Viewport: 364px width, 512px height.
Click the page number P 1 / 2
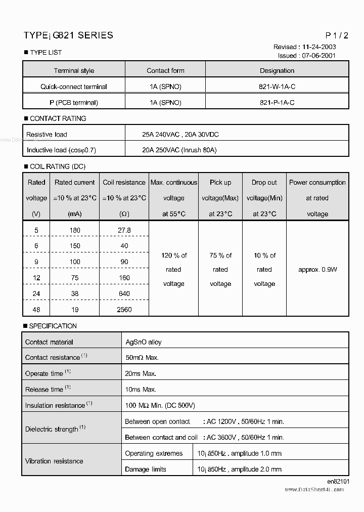tap(337, 35)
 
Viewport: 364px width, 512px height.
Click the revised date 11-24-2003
tap(317, 47)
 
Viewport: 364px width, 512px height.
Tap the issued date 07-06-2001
tap(318, 56)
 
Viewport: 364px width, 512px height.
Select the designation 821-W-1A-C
tap(277, 87)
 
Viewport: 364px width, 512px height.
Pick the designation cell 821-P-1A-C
tap(277, 102)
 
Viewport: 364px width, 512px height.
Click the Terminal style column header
tap(74, 71)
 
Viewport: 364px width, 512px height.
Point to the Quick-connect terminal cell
tap(74, 87)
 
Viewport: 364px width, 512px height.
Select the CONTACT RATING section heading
tap(58, 118)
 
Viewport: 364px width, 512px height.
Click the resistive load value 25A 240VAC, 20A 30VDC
tap(180, 135)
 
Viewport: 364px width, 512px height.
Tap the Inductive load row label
tap(61, 150)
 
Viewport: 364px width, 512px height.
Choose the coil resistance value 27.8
tap(124, 230)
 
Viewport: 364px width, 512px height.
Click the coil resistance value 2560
tap(124, 310)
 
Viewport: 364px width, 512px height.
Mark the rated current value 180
tap(75, 230)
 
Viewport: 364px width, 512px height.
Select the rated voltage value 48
tap(36, 310)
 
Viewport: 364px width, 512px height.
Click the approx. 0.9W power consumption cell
tap(317, 270)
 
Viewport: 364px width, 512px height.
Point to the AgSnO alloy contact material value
tap(144, 342)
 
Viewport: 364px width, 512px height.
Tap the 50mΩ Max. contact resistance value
tap(142, 358)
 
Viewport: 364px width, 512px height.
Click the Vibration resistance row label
tap(54, 461)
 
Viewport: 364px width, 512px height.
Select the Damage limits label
tap(146, 469)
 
